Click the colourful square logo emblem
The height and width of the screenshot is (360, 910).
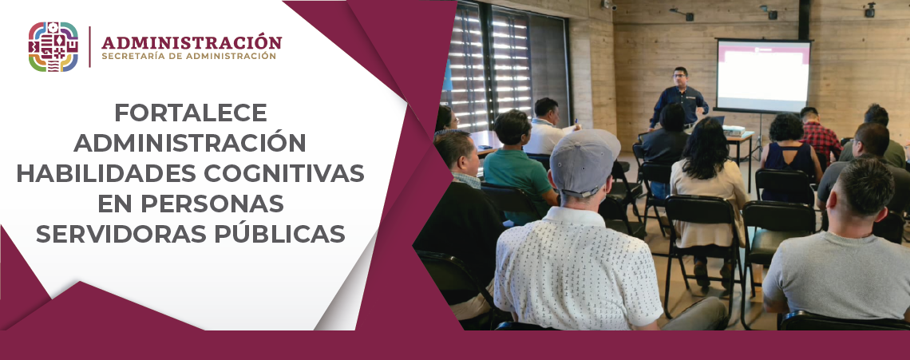(53, 47)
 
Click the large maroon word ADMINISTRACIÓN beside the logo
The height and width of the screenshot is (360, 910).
(192, 42)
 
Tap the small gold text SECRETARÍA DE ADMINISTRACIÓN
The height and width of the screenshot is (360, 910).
(188, 57)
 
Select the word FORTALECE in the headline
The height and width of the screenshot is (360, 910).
(190, 112)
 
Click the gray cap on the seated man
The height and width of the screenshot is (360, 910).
(584, 160)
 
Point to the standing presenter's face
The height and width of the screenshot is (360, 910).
(679, 78)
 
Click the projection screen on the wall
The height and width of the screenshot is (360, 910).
(762, 76)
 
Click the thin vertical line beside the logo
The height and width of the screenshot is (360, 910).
(89, 47)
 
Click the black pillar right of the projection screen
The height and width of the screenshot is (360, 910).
(804, 19)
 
